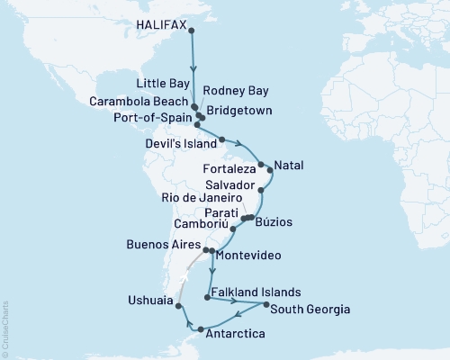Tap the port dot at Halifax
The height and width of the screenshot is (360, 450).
191,30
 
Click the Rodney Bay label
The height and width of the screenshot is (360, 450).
234,90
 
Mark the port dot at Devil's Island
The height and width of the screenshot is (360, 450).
221,139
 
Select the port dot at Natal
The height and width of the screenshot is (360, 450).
272,169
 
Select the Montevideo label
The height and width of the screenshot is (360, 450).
250,256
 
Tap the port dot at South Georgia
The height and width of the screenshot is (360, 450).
265,306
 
